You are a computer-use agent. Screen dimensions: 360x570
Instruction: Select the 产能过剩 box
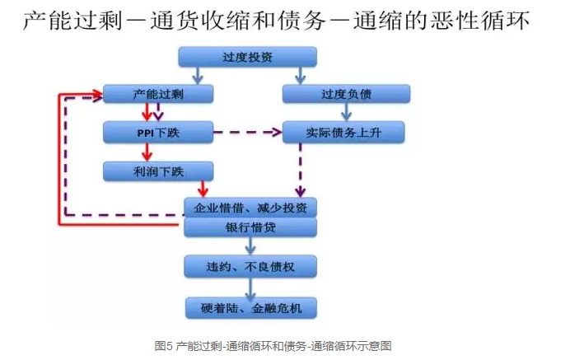(x=159, y=94)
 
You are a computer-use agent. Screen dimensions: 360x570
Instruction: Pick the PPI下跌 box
(x=159, y=132)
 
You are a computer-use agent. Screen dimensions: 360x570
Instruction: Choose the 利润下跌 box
(x=159, y=171)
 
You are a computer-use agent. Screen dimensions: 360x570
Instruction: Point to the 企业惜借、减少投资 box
(x=250, y=208)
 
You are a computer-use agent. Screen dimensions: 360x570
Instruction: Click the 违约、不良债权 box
(x=250, y=265)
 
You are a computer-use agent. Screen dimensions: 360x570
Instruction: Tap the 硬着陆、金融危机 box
(x=250, y=309)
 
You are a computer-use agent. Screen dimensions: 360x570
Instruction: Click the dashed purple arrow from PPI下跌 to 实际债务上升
(x=247, y=132)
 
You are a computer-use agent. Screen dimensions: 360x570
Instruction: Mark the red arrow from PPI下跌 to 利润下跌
(x=147, y=152)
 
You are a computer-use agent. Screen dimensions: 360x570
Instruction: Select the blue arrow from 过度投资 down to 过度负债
(x=301, y=75)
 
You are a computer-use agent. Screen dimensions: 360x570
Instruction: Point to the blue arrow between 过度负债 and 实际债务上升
(x=301, y=113)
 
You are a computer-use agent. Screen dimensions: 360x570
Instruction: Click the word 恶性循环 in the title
(x=483, y=20)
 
